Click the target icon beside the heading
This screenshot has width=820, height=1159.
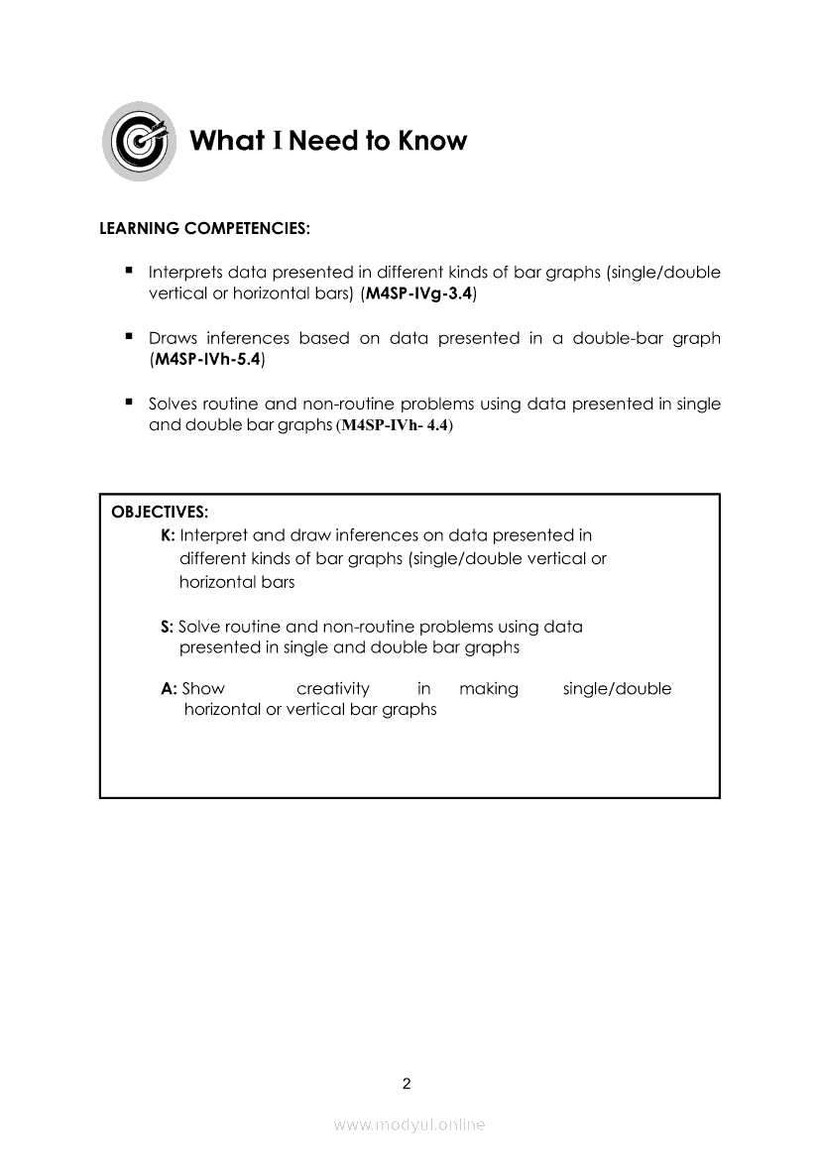140,141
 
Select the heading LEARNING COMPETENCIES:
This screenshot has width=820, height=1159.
205,228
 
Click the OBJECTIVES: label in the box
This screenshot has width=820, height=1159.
160,513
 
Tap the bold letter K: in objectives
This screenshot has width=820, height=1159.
168,535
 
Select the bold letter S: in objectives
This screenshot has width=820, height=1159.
167,627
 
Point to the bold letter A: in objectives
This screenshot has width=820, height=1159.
169,689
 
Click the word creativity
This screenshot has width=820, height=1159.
333,689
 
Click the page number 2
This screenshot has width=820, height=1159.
407,1084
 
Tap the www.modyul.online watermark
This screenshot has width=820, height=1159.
410,1124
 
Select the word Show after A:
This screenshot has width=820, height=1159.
204,689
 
